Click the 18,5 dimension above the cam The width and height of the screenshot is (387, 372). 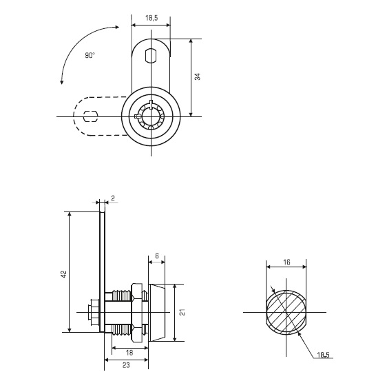pyautogui.click(x=151, y=18)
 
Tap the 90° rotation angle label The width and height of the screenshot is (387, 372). pyautogui.click(x=90, y=55)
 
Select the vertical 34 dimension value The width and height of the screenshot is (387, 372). pyautogui.click(x=198, y=76)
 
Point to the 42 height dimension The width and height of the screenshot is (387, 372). pyautogui.click(x=64, y=274)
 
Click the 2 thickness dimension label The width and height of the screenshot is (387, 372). pyautogui.click(x=113, y=198)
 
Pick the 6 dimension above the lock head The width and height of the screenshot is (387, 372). pyautogui.click(x=157, y=256)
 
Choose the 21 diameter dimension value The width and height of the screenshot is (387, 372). pyautogui.click(x=182, y=312)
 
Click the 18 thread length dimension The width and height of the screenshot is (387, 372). pyautogui.click(x=129, y=353)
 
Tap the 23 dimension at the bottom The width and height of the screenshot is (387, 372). pyautogui.click(x=126, y=365)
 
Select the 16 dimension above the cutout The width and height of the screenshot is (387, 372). pyautogui.click(x=286, y=262)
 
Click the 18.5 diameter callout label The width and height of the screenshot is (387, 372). pyautogui.click(x=324, y=355)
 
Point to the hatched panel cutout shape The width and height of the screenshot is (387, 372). pyautogui.click(x=286, y=313)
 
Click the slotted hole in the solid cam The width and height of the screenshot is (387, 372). pyautogui.click(x=151, y=56)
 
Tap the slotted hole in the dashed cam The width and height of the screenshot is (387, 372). pyautogui.click(x=91, y=116)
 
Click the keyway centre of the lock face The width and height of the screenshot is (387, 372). pyautogui.click(x=151, y=116)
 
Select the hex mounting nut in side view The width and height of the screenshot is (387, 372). pyautogui.click(x=136, y=313)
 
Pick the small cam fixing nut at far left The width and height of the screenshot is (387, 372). pyautogui.click(x=94, y=313)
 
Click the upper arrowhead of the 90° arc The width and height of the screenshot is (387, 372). pyautogui.click(x=117, y=28)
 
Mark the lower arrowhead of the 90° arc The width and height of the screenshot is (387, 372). pyautogui.click(x=62, y=81)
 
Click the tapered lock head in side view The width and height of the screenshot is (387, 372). pyautogui.click(x=157, y=313)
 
